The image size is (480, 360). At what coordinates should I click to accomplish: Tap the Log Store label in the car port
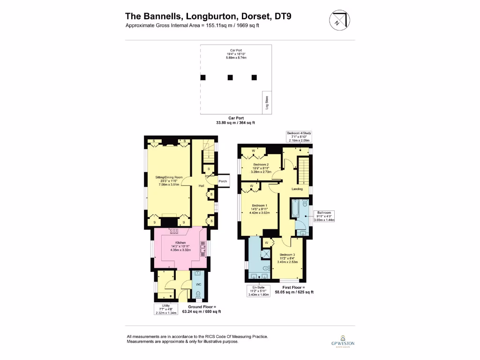click(267, 103)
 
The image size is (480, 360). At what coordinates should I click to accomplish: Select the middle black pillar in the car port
click(230, 77)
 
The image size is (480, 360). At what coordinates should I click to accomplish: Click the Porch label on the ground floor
click(223, 181)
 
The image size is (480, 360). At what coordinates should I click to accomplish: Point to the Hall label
click(201, 186)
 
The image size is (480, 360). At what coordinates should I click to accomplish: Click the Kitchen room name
click(180, 243)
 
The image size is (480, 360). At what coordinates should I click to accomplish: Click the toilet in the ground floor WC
click(197, 294)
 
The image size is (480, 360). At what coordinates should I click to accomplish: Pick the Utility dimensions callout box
click(166, 309)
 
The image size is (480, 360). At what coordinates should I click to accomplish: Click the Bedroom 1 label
click(259, 206)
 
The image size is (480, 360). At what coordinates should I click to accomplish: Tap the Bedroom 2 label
click(261, 165)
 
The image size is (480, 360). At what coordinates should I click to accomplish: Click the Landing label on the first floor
click(296, 189)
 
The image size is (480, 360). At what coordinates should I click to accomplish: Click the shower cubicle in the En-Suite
click(266, 253)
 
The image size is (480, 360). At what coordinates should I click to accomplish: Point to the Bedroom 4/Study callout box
click(299, 136)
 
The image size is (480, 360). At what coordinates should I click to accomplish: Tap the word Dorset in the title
click(242, 17)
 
